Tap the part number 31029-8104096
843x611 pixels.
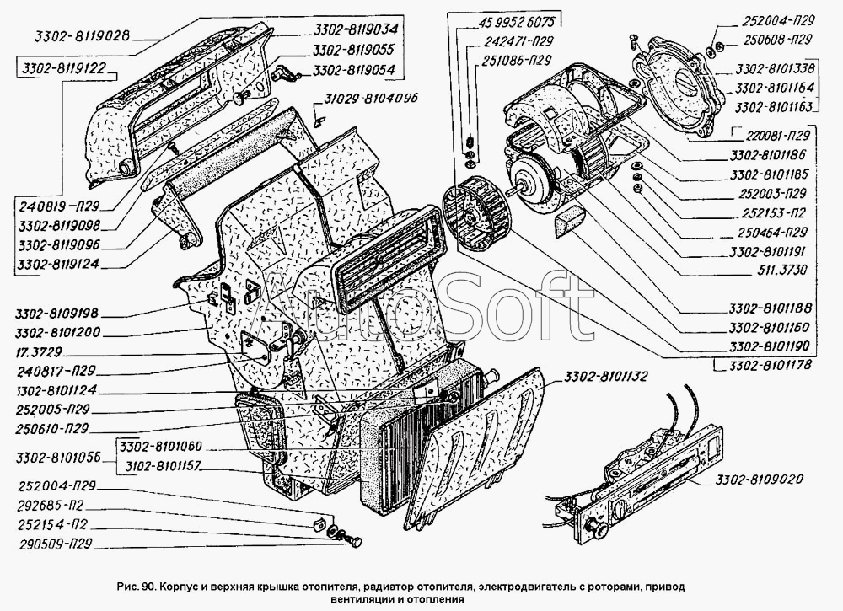pyautogui.click(x=370, y=99)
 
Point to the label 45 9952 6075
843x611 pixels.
pyautogui.click(x=514, y=22)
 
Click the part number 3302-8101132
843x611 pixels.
pyautogui.click(x=605, y=378)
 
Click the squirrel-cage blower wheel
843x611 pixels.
pyautogui.click(x=475, y=214)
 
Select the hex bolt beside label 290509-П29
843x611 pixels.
pyautogui.click(x=353, y=541)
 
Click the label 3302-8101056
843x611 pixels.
pyautogui.click(x=58, y=458)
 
